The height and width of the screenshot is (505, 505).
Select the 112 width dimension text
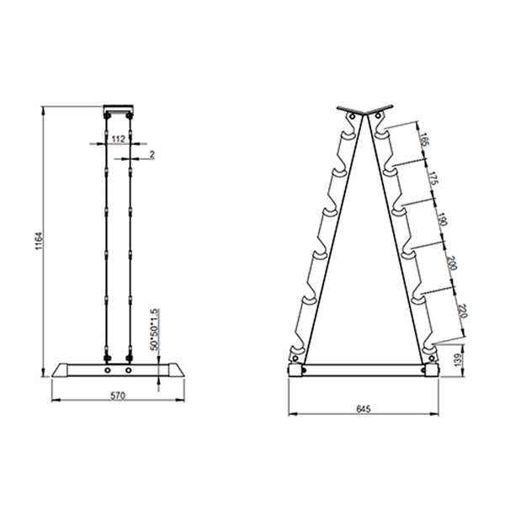(119, 139)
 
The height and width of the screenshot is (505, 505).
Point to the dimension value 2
(151, 155)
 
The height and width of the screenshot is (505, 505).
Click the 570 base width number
(118, 396)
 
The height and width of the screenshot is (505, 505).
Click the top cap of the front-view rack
(117, 109)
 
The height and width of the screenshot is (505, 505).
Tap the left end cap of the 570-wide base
(61, 369)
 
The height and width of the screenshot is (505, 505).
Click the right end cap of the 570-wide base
(174, 369)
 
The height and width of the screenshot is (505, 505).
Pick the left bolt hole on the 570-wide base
(108, 369)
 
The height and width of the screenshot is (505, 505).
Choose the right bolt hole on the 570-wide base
(128, 369)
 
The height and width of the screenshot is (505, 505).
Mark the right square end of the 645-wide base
(433, 370)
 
